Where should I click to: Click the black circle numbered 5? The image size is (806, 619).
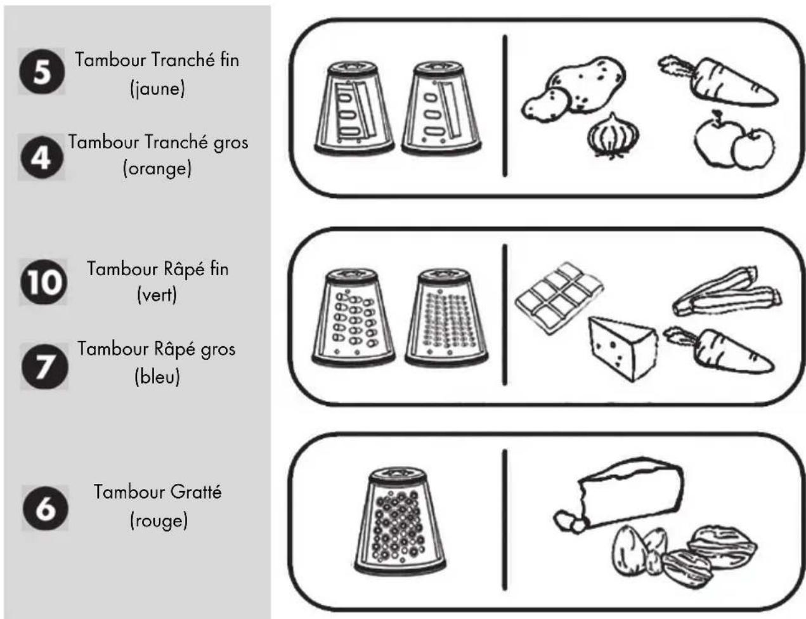[42, 71]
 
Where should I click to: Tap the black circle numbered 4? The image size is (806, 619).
[42, 157]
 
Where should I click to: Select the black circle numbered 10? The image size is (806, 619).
[44, 282]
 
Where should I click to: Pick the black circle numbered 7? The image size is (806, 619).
[44, 366]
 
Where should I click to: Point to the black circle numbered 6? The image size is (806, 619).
[45, 508]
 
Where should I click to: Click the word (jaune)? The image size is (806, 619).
[157, 89]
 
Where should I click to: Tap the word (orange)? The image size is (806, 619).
[157, 169]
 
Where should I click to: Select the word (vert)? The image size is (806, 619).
[157, 296]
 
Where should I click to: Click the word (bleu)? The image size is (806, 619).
[157, 377]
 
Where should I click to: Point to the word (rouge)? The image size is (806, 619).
[159, 520]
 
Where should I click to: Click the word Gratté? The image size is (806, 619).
[196, 492]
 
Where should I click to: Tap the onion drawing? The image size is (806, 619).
[613, 136]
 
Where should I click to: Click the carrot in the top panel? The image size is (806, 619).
[717, 82]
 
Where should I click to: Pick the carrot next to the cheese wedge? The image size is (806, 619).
[718, 350]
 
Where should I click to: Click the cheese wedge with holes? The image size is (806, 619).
[622, 348]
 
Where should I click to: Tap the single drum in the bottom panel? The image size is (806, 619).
[400, 521]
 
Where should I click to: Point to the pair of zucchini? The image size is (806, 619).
[727, 292]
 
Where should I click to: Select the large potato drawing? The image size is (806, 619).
[585, 84]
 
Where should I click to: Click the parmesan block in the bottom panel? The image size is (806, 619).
[630, 492]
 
